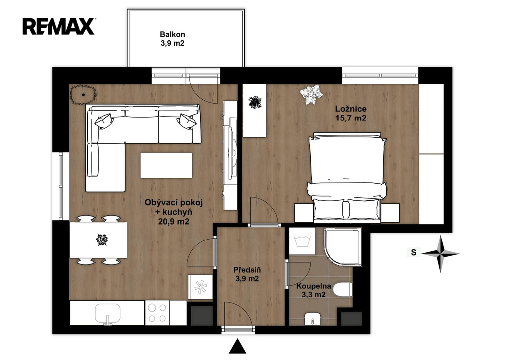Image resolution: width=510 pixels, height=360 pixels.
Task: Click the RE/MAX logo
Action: click(59, 26)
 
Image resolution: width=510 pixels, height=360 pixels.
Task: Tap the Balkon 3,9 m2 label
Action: click(172, 39)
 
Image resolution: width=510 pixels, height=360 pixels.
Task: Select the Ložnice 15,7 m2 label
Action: click(351, 113)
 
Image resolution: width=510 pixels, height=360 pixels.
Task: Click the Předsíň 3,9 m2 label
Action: click(247, 274)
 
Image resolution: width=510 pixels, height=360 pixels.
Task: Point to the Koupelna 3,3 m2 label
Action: click(314, 290)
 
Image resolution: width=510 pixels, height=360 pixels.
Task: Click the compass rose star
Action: click(440, 253)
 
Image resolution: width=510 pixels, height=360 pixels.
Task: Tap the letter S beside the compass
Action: click(414, 252)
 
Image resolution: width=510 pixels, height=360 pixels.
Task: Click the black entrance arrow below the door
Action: click(238, 346)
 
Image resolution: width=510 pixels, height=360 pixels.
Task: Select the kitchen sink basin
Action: click(108, 314)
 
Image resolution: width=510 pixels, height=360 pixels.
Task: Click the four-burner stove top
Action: click(158, 313)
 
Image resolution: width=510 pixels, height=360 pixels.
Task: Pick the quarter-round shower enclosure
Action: click(343, 246)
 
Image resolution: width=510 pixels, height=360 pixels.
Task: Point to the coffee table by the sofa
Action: click(166, 165)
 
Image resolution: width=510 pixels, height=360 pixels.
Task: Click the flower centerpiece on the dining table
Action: click(102, 240)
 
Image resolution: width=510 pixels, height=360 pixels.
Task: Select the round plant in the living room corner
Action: click(84, 94)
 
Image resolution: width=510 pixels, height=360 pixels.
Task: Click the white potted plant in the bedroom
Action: click(311, 94)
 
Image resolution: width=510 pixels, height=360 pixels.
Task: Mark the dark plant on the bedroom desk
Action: click(255, 102)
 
